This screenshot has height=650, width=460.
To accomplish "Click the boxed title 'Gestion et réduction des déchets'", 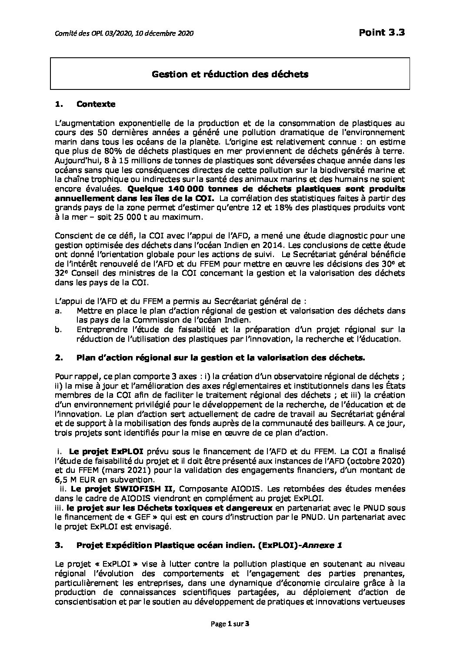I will click(x=230, y=74).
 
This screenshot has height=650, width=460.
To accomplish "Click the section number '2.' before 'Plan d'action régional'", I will click(x=59, y=357).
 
